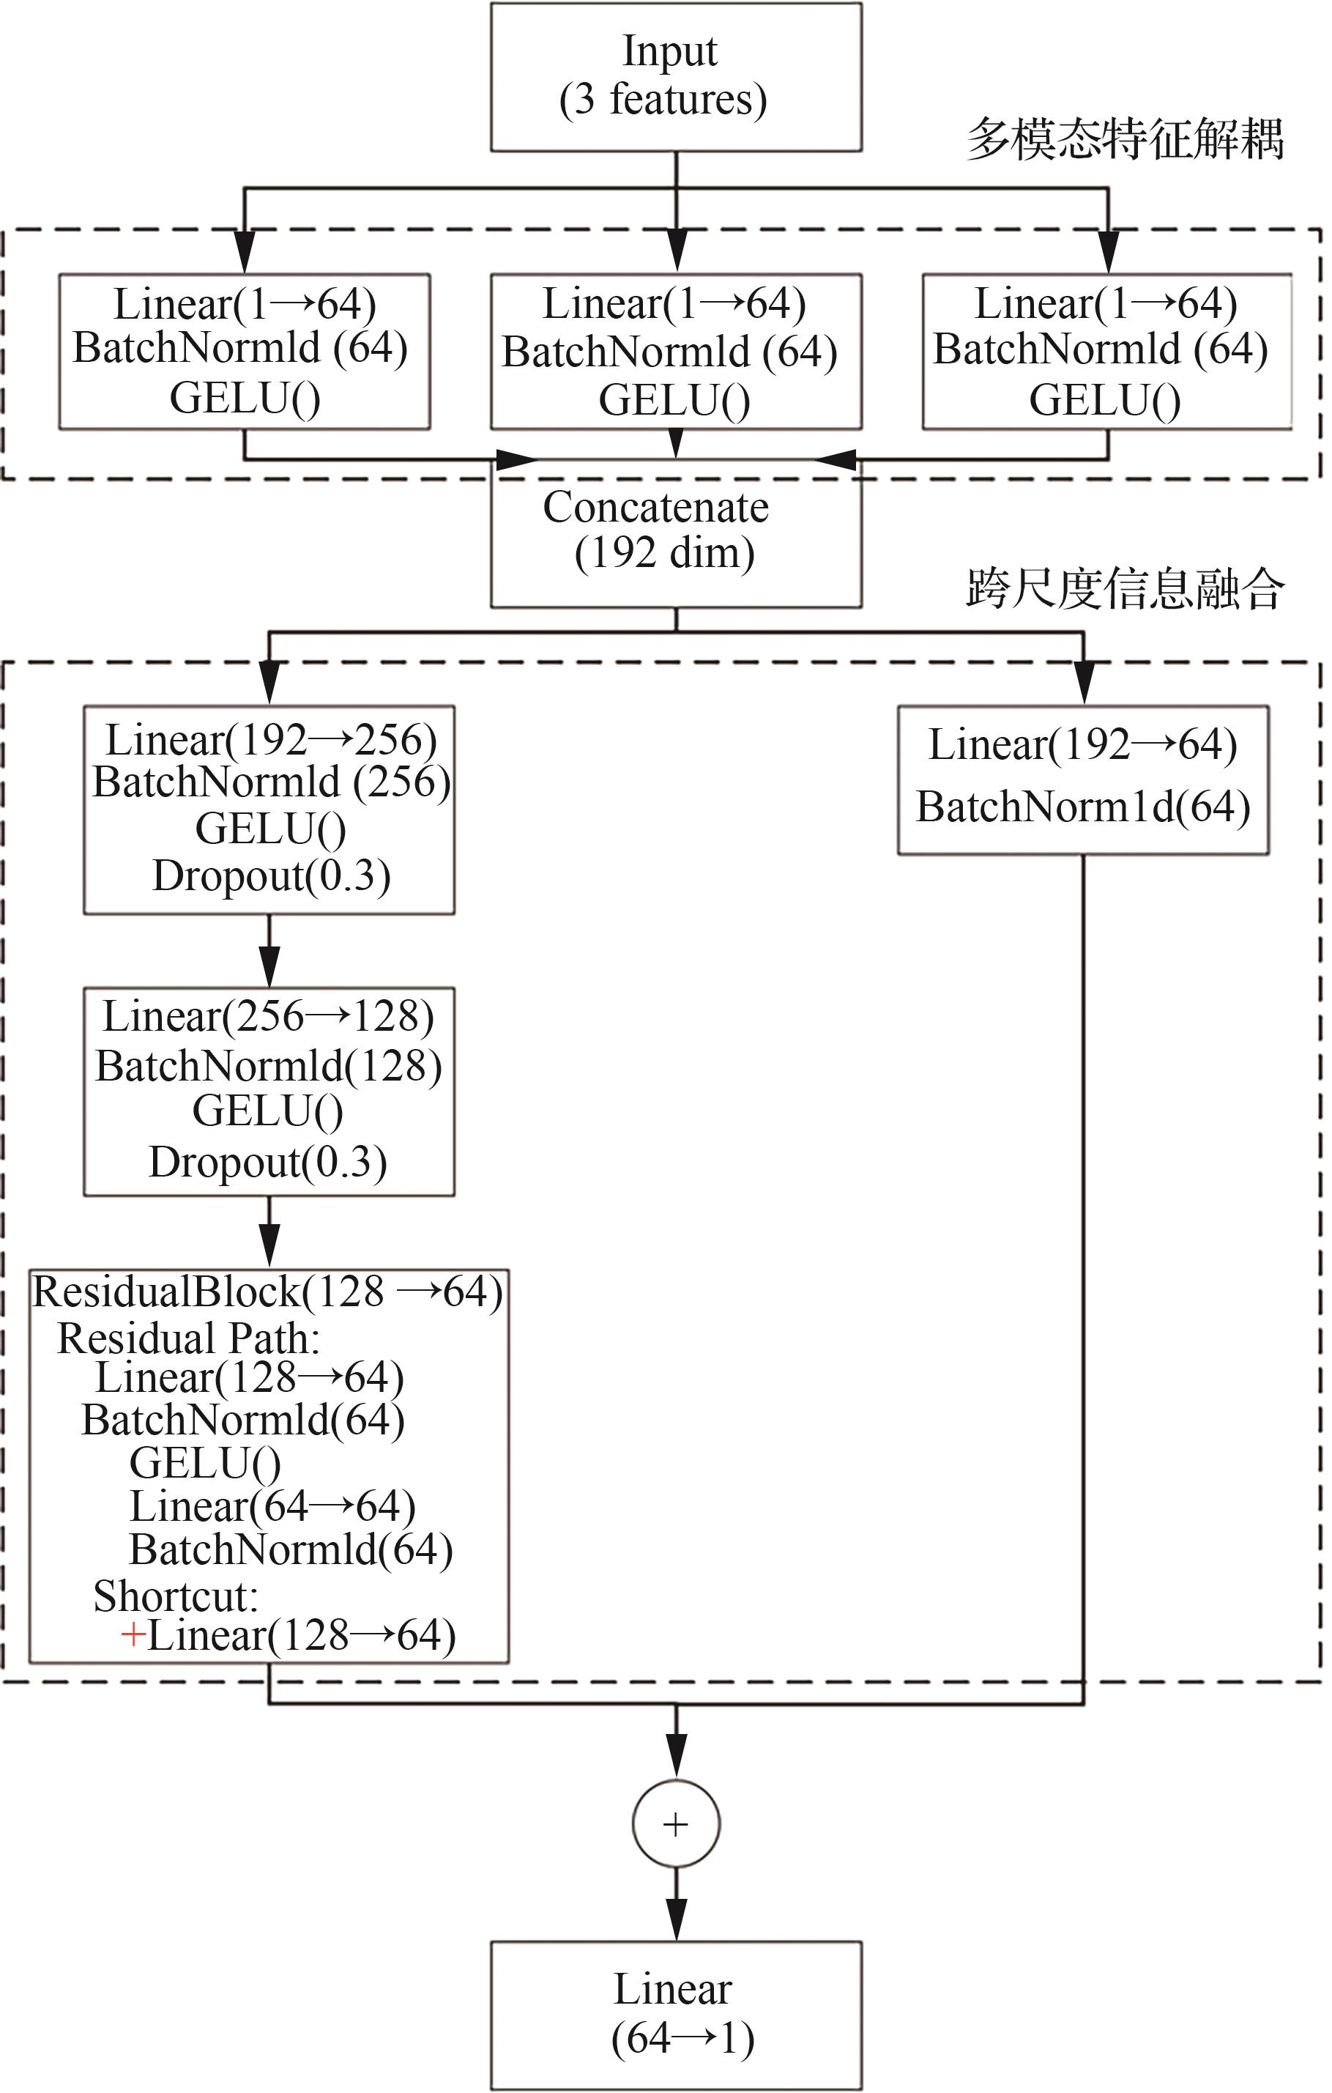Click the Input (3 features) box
676,76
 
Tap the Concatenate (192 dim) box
676,532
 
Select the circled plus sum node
676,1823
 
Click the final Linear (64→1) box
676,2015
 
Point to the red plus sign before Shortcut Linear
132,1635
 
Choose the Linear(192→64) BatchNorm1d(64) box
1082,779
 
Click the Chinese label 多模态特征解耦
1125,139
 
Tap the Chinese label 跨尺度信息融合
1125,588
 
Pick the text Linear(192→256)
271,740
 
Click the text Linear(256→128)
269,1015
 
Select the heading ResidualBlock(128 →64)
267,1292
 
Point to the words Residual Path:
188,1338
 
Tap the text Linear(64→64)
272,1506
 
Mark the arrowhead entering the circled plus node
676,1756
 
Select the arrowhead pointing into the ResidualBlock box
269,1245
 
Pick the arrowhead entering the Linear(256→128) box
269,964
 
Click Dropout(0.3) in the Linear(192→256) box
271,875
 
